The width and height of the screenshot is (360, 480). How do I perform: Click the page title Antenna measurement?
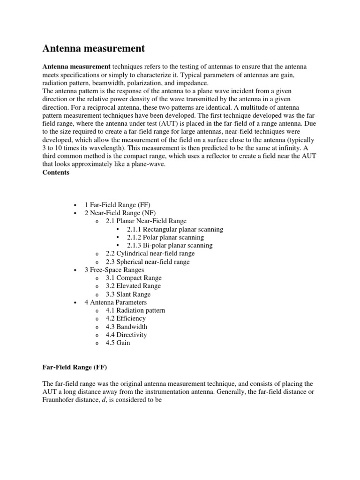94,49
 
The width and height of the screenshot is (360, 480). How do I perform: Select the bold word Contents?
56,172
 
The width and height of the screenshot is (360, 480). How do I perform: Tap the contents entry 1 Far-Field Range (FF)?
117,205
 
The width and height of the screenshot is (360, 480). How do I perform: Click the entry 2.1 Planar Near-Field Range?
146,221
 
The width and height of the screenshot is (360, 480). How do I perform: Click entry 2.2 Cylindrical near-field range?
150,254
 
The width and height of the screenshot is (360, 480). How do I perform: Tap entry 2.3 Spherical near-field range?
148,262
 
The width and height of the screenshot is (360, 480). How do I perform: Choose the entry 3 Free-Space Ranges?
114,270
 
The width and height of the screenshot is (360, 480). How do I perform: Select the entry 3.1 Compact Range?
133,278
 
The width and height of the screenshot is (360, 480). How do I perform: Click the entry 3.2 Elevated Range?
133,286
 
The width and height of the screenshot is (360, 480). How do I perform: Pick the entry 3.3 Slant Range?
128,294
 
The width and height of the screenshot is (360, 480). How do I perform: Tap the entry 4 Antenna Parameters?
115,302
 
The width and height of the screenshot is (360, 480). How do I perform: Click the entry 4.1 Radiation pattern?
135,310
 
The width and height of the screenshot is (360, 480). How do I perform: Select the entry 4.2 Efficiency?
126,318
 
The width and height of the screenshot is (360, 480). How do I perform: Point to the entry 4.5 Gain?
118,343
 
